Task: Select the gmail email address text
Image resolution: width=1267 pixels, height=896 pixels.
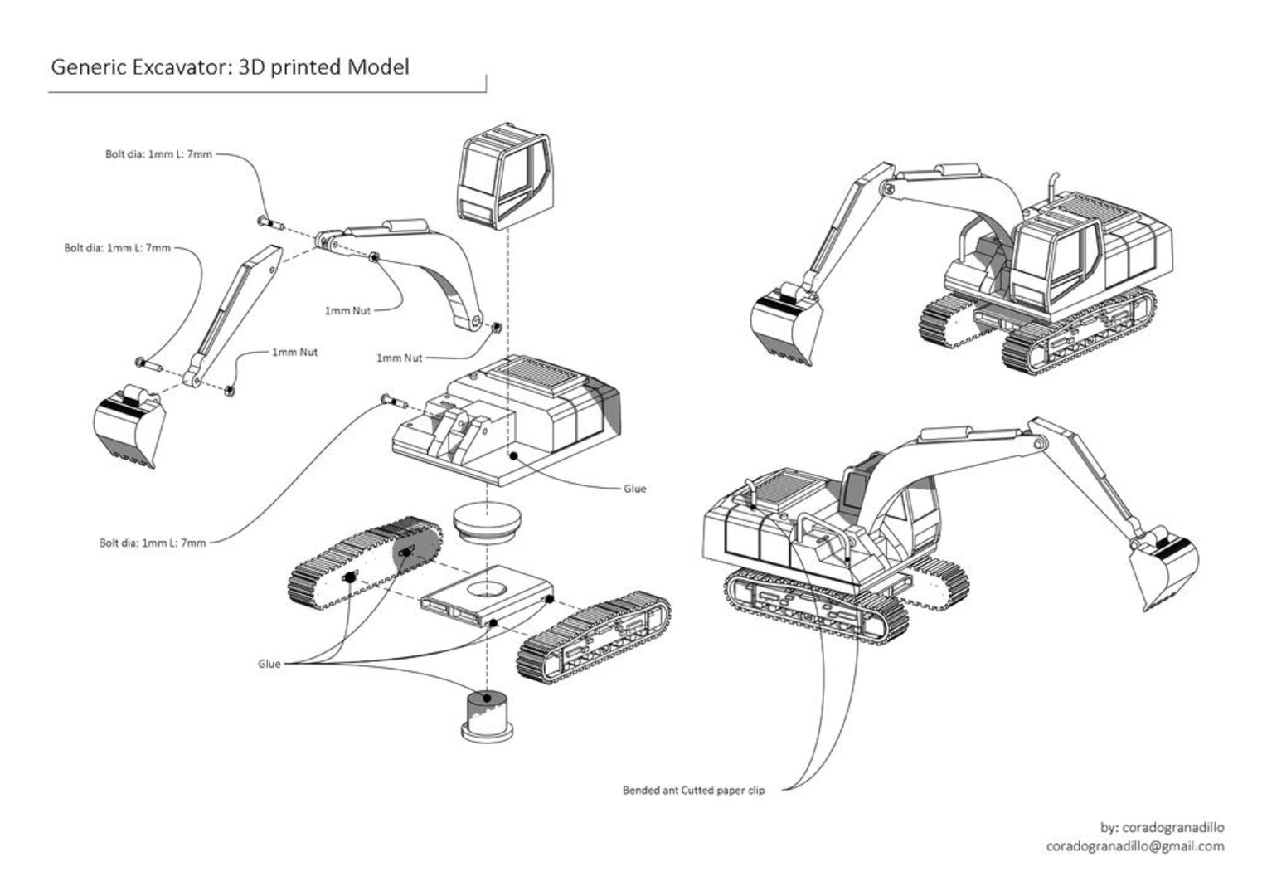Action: [1134, 846]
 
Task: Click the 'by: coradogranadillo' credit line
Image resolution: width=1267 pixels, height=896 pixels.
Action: [1162, 827]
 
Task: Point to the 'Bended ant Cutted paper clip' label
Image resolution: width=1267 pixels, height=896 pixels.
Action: [693, 791]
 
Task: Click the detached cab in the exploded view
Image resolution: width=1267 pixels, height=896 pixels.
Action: [502, 175]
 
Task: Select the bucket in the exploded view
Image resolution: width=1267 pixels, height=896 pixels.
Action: [128, 424]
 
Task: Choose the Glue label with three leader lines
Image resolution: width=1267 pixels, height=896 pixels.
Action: [269, 664]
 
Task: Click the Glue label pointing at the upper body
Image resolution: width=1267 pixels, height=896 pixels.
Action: [634, 489]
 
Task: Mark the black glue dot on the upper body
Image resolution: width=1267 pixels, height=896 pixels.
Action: [514, 455]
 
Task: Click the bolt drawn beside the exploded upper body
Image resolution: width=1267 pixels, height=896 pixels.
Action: [393, 402]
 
